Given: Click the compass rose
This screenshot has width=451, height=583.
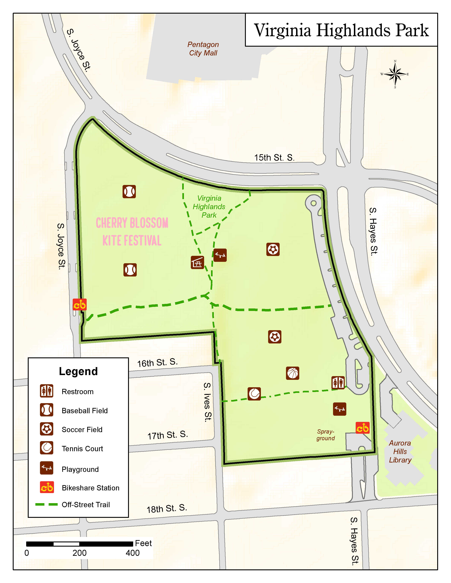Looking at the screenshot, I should point(395,74).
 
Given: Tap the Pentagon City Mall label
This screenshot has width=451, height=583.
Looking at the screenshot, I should point(203,49).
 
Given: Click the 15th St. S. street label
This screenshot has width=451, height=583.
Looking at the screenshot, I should point(274,157).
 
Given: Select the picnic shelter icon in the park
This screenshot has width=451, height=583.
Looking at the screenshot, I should point(197,262).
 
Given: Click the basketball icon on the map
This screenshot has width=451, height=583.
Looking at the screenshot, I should point(293,373).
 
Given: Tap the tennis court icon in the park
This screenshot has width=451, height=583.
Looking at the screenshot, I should point(254,394).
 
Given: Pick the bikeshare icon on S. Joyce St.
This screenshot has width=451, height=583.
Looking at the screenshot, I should point(80,305).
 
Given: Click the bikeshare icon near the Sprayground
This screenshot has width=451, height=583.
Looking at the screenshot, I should point(363,428).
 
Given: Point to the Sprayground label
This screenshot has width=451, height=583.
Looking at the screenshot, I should point(326,435).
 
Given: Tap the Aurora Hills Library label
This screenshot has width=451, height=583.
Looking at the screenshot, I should point(400,451).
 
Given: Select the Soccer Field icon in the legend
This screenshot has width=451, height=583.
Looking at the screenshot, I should point(47,429).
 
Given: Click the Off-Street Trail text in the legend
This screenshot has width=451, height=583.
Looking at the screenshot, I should point(86,505).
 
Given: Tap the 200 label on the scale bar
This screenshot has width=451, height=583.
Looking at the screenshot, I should point(79,553).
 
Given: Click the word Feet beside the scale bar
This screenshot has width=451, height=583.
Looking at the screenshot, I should point(143,543).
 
